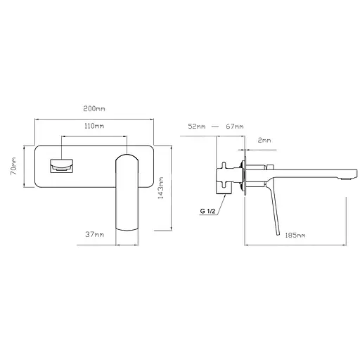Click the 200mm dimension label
[x=94, y=109]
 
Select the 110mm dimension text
[x=94, y=126]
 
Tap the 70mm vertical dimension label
[x=13, y=166]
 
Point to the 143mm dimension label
[x=161, y=188]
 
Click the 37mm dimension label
[x=94, y=234]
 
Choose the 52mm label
[x=197, y=127]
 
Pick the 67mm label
[x=235, y=127]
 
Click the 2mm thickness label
[x=264, y=141]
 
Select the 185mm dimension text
[x=295, y=235]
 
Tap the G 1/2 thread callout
[x=207, y=211]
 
